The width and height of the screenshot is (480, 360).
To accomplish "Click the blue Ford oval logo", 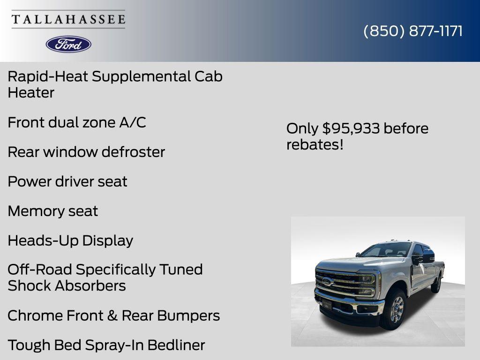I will click(68, 44).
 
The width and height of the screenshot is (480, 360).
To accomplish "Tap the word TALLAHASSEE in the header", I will click(68, 20).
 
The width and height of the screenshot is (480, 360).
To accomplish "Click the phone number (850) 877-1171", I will click(413, 31).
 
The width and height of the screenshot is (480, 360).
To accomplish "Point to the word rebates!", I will click(315, 144).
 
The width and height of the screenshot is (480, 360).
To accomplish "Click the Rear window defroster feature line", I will click(86, 152).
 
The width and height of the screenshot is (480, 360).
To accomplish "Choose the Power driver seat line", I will click(67, 181).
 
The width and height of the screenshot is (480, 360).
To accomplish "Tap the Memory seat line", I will click(52, 211).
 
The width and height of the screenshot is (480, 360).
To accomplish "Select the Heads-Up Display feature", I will click(70, 240).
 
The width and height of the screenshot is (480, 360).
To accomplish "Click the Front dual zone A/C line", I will click(77, 122).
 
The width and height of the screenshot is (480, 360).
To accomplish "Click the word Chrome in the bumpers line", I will click(35, 315).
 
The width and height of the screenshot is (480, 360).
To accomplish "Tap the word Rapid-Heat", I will click(47, 76).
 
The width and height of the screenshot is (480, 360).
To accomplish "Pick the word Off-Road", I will click(39, 270).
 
